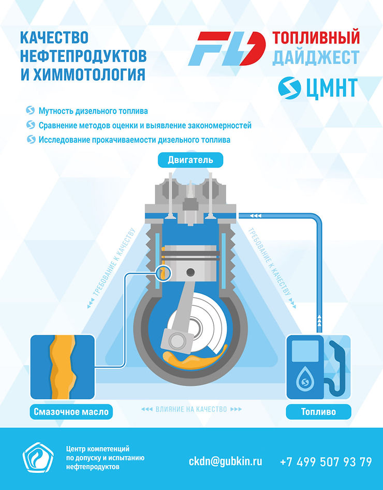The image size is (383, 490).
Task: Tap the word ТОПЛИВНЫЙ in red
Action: point(316,37)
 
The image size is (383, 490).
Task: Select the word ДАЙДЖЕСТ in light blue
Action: point(316,57)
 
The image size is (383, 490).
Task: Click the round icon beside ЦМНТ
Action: point(289,88)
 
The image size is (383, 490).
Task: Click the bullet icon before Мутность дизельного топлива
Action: point(31,110)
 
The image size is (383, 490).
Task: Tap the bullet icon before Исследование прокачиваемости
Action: point(31,139)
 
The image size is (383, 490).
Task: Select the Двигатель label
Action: point(190,160)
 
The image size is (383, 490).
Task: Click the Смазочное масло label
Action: point(71,411)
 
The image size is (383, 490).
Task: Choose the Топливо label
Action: point(319,411)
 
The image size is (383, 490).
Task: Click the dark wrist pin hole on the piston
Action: point(190,272)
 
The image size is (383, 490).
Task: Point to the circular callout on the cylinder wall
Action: point(164,273)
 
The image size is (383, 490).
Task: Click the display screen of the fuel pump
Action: point(305,351)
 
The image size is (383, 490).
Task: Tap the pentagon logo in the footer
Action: point(38,457)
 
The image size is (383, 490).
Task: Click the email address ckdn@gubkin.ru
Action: point(226,461)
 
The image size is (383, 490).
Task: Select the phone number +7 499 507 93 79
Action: point(326,462)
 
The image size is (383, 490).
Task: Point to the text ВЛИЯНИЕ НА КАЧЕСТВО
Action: point(191,409)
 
